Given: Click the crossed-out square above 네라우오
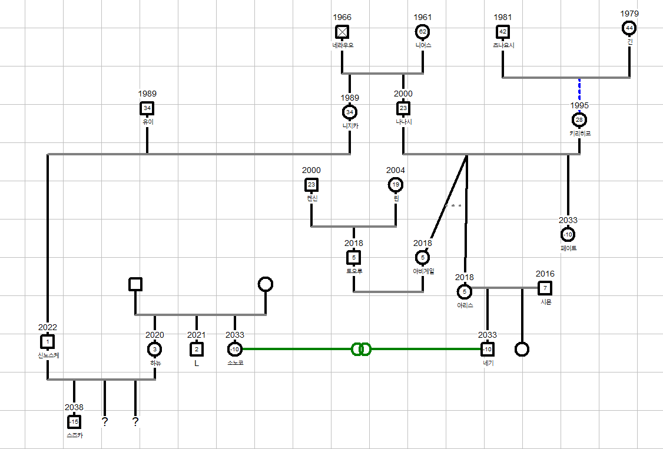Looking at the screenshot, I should [x=342, y=31].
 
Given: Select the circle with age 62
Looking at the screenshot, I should [x=422, y=31].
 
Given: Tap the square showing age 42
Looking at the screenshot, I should [x=503, y=31].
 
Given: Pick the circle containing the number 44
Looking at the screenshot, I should [x=629, y=28].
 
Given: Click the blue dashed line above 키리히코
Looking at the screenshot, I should [x=579, y=92].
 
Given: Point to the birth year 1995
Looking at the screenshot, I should [x=579, y=105].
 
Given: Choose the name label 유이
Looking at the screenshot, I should [x=147, y=122].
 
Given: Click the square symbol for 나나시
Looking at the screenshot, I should [x=403, y=108].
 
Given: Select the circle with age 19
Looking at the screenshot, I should [x=396, y=185].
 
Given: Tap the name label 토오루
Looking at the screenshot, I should [x=354, y=271].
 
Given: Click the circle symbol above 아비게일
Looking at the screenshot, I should [x=422, y=258].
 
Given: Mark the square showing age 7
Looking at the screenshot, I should [x=545, y=288].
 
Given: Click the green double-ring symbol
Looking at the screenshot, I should [x=360, y=350].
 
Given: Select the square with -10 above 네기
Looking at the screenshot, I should [x=488, y=350].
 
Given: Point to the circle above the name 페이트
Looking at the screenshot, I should [x=568, y=235].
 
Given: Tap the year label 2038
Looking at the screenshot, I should [x=74, y=407].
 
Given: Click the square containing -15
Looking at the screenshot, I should [x=74, y=422].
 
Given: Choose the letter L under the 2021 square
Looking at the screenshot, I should [x=197, y=363].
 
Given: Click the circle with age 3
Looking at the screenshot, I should [x=154, y=350].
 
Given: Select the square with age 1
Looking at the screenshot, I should [x=48, y=342].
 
